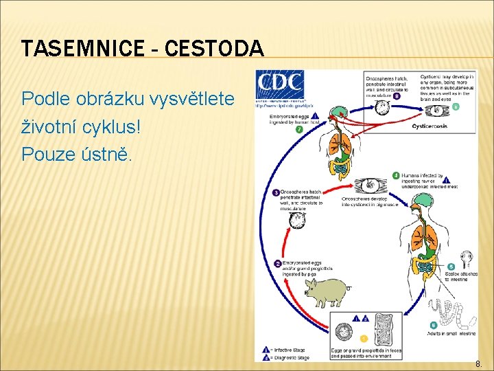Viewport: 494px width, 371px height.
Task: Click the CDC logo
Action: [x=280, y=87]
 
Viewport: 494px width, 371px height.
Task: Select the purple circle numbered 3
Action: [x=276, y=192]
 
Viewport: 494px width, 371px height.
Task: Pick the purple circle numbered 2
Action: [x=277, y=263]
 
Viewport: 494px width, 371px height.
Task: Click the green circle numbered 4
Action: [x=396, y=175]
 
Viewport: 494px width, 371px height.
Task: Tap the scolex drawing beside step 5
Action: [x=467, y=260]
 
